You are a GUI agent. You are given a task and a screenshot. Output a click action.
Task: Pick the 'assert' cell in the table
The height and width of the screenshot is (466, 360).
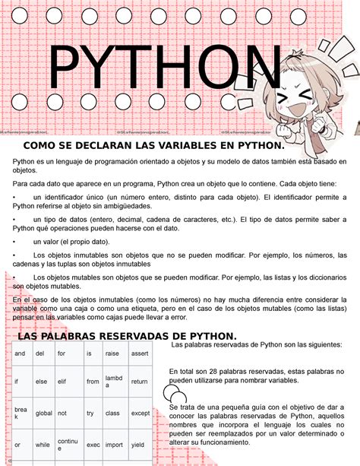tap(140, 353)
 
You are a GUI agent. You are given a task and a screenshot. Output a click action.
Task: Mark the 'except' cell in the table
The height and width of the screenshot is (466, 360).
tap(141, 413)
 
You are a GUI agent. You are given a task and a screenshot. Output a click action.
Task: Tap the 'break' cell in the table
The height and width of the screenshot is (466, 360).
tap(21, 413)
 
